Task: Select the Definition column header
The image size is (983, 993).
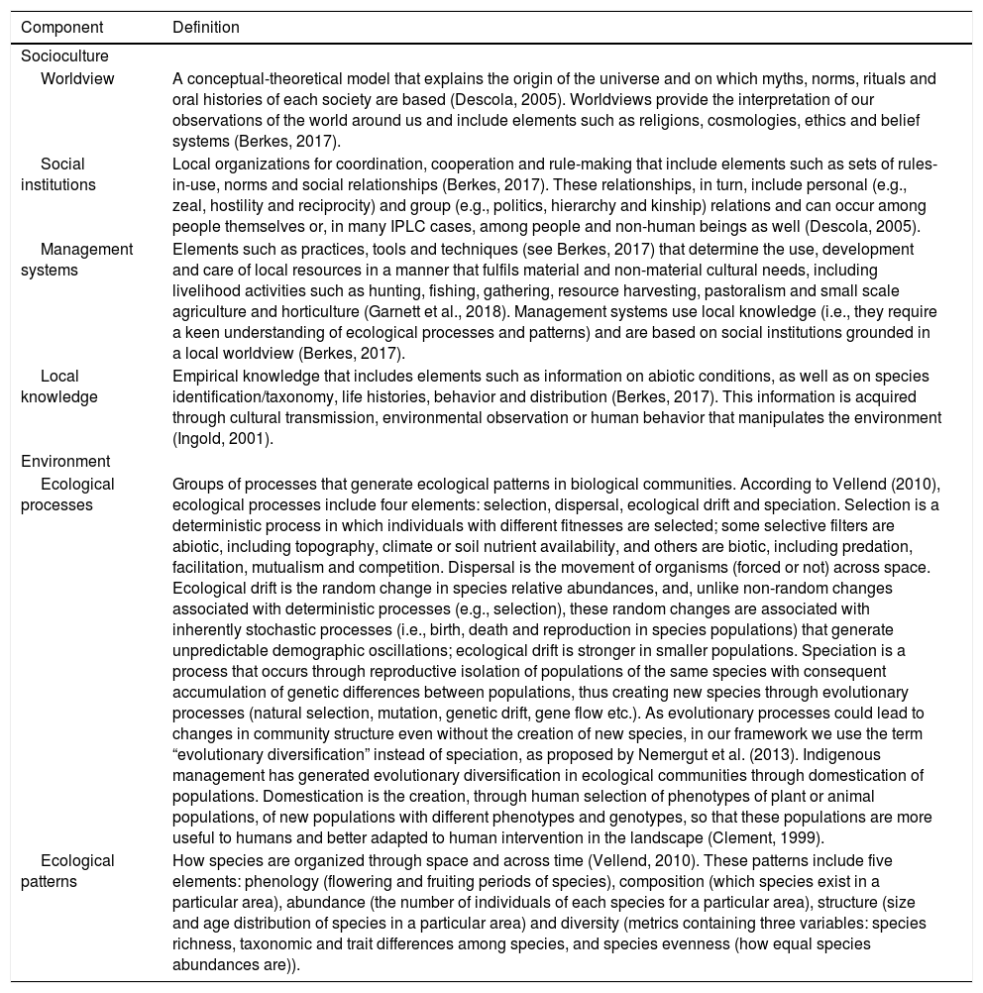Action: coord(206,28)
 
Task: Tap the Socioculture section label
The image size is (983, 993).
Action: coord(64,56)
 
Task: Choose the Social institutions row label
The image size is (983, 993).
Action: coord(63,174)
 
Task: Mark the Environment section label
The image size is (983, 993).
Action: coord(65,461)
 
